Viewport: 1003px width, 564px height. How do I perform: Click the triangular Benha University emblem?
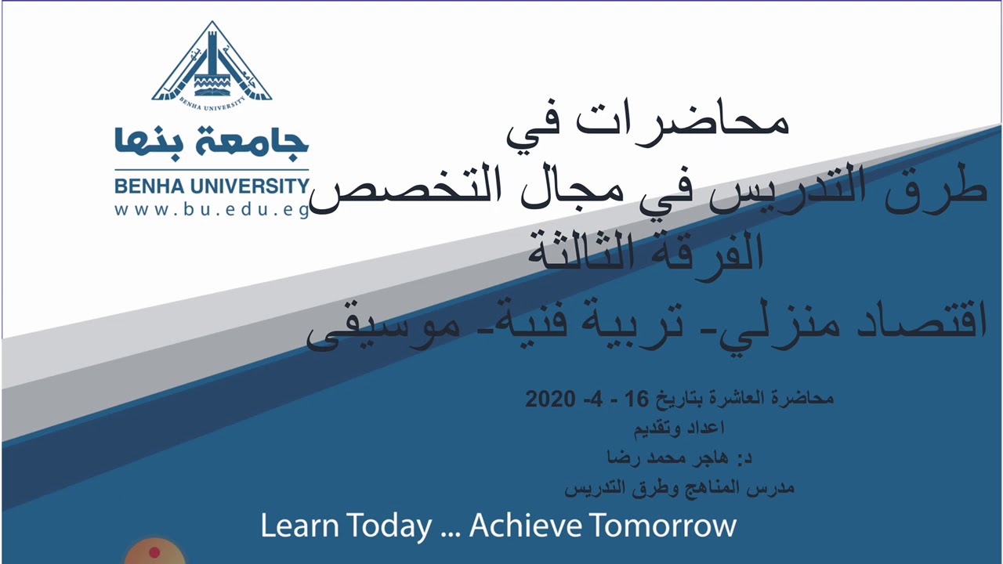click(x=212, y=63)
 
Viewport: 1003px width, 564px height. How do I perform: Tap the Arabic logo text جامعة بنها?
click(x=212, y=143)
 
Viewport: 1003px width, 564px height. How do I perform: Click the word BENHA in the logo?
click(x=146, y=186)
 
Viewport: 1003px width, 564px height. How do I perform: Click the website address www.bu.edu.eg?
click(x=212, y=210)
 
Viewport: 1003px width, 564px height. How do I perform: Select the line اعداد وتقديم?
click(x=679, y=428)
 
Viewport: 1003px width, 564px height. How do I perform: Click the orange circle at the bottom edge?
click(x=154, y=552)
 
